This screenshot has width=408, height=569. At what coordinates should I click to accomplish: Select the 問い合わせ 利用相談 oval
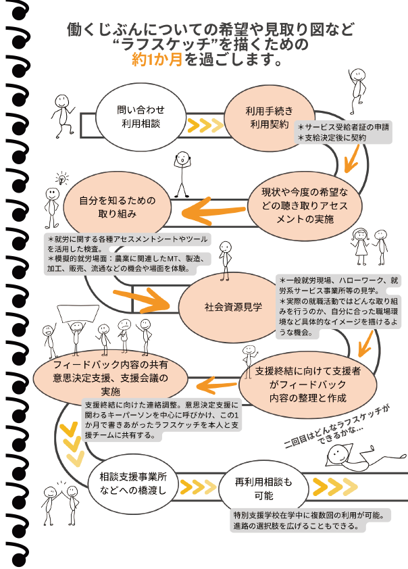click(141, 116)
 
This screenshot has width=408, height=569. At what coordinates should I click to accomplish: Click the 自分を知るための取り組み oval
click(117, 206)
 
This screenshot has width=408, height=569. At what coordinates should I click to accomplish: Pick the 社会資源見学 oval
click(233, 306)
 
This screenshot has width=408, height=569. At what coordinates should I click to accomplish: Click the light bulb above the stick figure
click(63, 179)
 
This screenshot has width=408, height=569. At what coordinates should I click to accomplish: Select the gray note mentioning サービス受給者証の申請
click(343, 132)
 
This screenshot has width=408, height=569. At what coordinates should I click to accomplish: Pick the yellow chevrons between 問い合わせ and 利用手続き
click(205, 126)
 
